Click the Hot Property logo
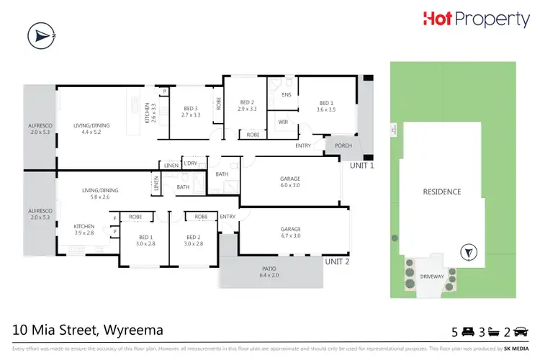[x=475, y=20]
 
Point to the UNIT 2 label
[x=336, y=261]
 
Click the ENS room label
[x=286, y=94]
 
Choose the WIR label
[x=283, y=122]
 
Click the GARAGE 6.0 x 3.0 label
[x=289, y=181]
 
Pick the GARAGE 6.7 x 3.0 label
[x=291, y=232]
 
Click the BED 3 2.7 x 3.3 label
[x=190, y=112]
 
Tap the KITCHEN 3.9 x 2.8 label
[x=85, y=229]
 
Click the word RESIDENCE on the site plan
[x=441, y=192]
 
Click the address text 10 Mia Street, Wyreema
[x=88, y=330]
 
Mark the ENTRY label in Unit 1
[x=303, y=146]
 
